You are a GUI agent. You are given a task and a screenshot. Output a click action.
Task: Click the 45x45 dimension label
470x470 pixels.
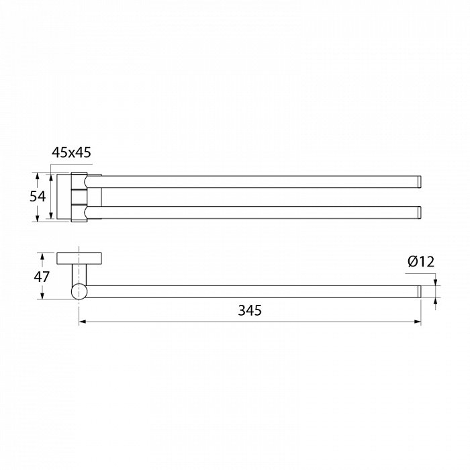click(71, 152)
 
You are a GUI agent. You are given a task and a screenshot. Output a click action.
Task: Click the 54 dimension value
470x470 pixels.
click(38, 197)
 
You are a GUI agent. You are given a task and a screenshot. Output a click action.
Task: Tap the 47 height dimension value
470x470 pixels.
click(42, 277)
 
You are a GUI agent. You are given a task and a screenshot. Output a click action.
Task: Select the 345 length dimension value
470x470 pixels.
click(250, 310)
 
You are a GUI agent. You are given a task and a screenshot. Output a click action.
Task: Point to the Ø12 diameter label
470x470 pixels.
click(421, 262)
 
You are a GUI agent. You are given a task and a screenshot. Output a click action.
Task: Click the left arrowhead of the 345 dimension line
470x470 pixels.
click(83, 322)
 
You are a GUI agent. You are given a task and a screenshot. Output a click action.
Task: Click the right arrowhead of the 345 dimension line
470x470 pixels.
click(418, 322)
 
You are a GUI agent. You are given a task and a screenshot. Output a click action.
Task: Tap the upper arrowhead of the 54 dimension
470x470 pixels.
click(37, 177)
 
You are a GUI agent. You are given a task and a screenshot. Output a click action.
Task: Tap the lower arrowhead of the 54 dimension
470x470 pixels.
click(37, 218)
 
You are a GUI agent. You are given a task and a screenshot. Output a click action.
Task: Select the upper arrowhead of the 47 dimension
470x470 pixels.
click(42, 257)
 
